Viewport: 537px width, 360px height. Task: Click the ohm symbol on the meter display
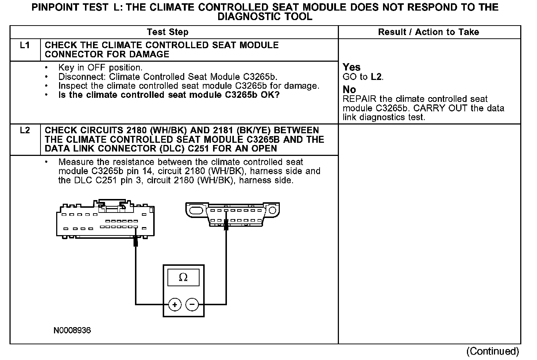point(183,278)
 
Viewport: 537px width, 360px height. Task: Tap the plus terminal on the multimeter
point(175,304)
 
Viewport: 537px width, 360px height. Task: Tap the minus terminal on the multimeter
point(192,304)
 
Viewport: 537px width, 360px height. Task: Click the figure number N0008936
point(72,331)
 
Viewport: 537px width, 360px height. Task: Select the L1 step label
point(25,45)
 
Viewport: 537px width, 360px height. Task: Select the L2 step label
point(25,130)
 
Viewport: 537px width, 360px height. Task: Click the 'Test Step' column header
point(167,32)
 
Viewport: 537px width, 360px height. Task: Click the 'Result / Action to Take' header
point(428,32)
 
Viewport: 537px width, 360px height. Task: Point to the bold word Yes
point(352,67)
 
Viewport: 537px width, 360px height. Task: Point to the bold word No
point(349,89)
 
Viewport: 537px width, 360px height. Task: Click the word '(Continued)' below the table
point(492,351)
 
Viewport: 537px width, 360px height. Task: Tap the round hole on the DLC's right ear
point(272,210)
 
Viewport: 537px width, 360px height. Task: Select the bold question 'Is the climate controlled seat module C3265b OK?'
point(169,95)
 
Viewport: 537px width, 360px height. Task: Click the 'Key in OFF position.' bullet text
point(100,68)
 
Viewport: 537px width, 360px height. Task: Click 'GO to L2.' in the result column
point(363,77)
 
